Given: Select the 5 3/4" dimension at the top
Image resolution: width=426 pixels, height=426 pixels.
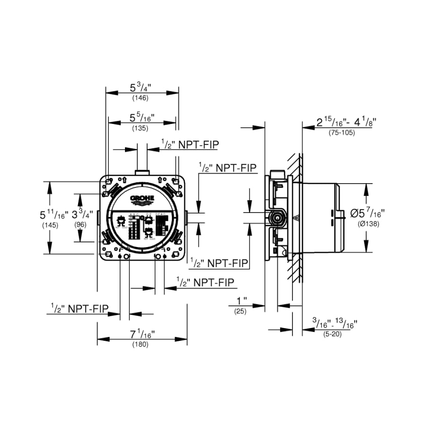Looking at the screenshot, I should pyautogui.click(x=141, y=88).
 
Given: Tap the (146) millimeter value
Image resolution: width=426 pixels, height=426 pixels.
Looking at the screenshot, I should pyautogui.click(x=141, y=98).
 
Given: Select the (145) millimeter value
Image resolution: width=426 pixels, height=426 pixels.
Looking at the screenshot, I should pyautogui.click(x=50, y=225).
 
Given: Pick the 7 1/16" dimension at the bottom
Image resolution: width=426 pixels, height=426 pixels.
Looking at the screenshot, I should pyautogui.click(x=141, y=335).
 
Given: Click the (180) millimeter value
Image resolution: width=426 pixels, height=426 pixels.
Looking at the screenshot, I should pyautogui.click(x=141, y=345).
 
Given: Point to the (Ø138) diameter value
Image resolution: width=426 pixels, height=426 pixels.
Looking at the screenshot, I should pyautogui.click(x=368, y=224).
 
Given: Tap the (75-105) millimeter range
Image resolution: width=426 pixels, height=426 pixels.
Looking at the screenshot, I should pyautogui.click(x=341, y=133).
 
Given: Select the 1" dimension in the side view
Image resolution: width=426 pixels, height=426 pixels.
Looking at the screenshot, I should pyautogui.click(x=242, y=301).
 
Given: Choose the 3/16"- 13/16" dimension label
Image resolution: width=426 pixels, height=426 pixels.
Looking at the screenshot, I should pyautogui.click(x=335, y=324).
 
